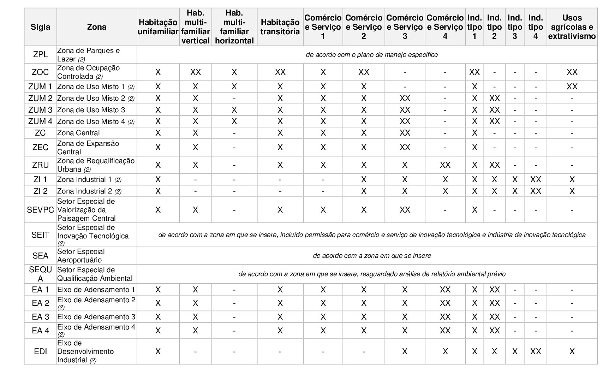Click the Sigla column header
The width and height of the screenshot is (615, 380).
pyautogui.click(x=40, y=27)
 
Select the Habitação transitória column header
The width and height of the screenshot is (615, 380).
pyautogui.click(x=280, y=27)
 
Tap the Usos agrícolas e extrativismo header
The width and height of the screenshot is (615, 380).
pyautogui.click(x=572, y=27)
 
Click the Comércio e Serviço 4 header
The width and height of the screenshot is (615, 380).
pyautogui.click(x=445, y=27)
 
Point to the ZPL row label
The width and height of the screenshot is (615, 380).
pyautogui.click(x=40, y=55)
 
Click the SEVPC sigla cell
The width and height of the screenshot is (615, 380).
pyautogui.click(x=40, y=210)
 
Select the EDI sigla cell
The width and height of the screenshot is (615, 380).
pyautogui.click(x=40, y=351)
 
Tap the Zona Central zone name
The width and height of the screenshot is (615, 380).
pyautogui.click(x=78, y=133)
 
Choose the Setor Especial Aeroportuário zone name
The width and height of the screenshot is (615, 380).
pyautogui.click(x=81, y=256)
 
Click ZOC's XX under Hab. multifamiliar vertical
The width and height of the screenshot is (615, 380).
pyautogui.click(x=195, y=72)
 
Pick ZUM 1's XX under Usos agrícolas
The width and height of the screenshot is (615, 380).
pyautogui.click(x=572, y=87)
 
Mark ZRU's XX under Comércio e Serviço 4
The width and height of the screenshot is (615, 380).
pyautogui.click(x=445, y=165)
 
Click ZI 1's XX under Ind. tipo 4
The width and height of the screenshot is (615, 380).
pyautogui.click(x=536, y=179)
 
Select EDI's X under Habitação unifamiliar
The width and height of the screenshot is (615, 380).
pyautogui.click(x=158, y=351)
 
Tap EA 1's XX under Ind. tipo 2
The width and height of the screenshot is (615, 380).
pyautogui.click(x=494, y=290)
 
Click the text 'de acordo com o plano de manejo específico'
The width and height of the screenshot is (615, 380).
pyautogui.click(x=371, y=55)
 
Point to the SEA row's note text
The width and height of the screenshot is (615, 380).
pyautogui.click(x=371, y=256)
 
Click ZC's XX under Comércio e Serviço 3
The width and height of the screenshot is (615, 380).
pyautogui.click(x=405, y=133)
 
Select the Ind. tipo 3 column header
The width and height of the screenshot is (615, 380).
pyautogui.click(x=515, y=27)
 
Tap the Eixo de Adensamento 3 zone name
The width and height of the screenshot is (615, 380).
pyautogui.click(x=96, y=317)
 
